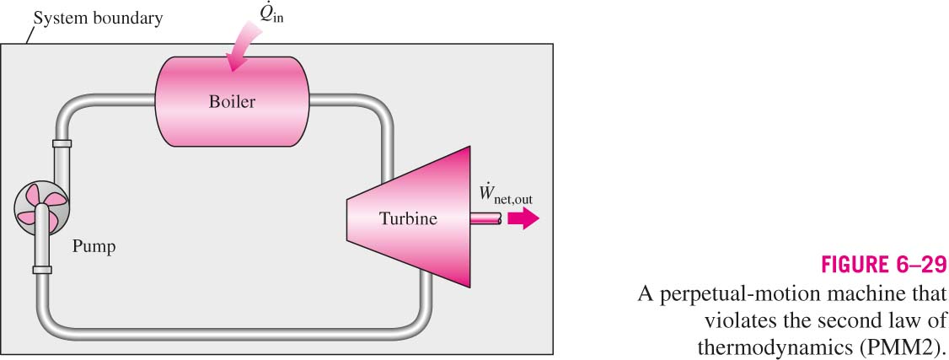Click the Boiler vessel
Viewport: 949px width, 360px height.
coord(233,101)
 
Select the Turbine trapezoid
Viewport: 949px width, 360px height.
coord(408,217)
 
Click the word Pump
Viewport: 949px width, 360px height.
coord(94,247)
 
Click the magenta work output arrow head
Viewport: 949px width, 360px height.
coord(523,219)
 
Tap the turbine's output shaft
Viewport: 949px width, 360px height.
coord(486,219)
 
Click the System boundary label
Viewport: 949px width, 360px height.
coord(98,19)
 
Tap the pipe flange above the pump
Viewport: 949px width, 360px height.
coord(62,143)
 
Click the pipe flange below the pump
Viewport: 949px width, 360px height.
coord(42,270)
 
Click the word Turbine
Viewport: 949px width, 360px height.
coord(408,218)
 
